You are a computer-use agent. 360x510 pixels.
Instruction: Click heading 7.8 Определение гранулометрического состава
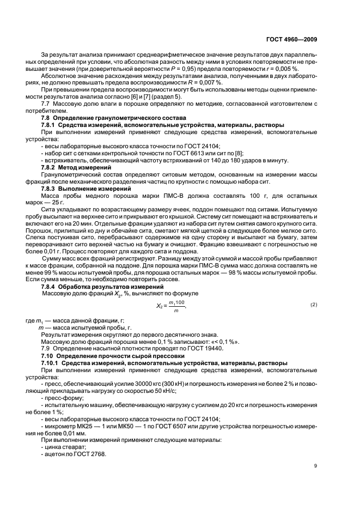pyautogui.click(x=114, y=118)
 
